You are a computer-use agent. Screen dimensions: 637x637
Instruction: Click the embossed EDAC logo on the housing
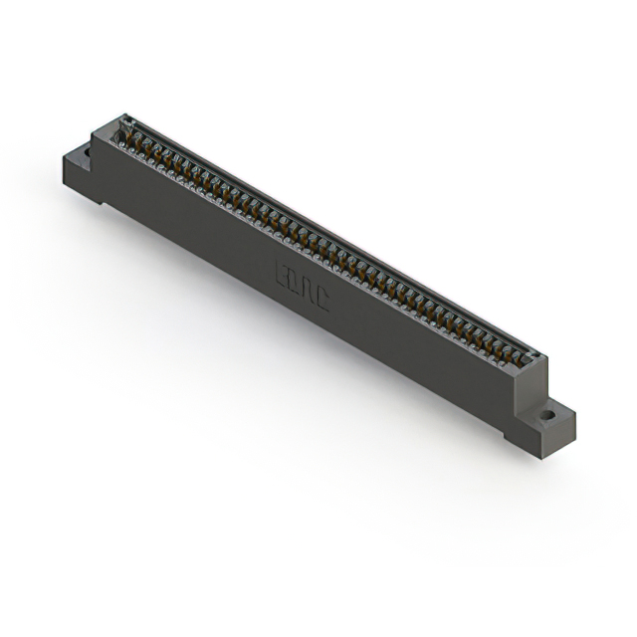click(x=301, y=286)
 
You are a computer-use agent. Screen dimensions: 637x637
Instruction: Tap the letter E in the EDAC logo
click(x=283, y=276)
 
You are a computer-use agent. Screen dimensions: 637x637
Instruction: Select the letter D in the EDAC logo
click(x=295, y=283)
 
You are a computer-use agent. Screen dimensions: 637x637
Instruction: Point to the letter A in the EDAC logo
click(x=308, y=290)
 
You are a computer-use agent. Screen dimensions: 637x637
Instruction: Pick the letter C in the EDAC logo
click(x=320, y=297)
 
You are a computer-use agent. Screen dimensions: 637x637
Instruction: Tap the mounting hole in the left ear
click(x=85, y=154)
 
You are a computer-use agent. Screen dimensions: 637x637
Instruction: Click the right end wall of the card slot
click(x=534, y=358)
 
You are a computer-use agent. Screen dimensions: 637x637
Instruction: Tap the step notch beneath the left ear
click(x=100, y=197)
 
